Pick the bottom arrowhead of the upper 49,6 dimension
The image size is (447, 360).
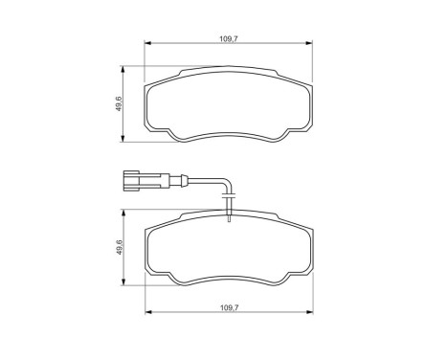pos(123,140)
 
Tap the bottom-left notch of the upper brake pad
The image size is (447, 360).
pos(165,134)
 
